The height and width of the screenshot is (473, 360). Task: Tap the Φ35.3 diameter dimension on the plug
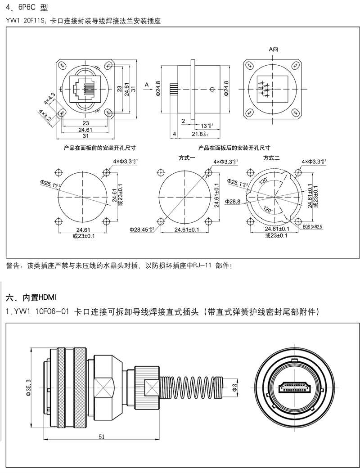28,387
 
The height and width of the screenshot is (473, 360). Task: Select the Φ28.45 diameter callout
142,230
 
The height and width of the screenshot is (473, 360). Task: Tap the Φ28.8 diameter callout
233,201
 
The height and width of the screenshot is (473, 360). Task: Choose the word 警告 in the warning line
13,266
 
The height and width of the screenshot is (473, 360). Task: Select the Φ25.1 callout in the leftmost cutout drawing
50,183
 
